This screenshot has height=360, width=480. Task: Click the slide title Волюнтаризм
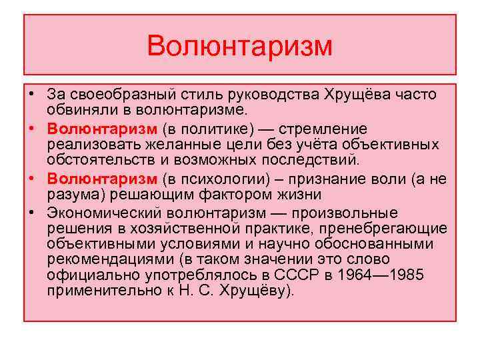pyautogui.click(x=239, y=46)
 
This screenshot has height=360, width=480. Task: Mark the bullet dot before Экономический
pyautogui.click(x=33, y=213)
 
